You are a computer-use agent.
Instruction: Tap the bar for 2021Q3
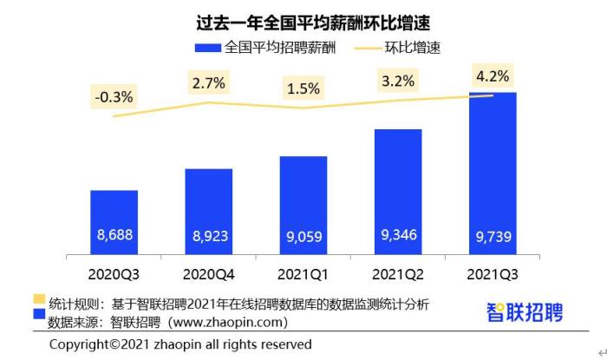[493, 173]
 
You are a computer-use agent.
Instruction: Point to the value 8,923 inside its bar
[208, 233]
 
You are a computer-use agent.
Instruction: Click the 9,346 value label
[398, 233]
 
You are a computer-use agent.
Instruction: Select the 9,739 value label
[493, 233]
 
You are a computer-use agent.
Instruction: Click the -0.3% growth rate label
[114, 97]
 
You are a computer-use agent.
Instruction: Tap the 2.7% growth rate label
[208, 83]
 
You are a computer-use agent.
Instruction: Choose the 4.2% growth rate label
[493, 75]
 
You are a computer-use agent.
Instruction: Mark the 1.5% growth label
[303, 88]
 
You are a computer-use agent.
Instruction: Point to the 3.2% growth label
[398, 83]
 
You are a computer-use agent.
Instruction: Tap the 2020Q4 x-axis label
[208, 274]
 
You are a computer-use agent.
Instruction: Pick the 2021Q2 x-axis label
[398, 274]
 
